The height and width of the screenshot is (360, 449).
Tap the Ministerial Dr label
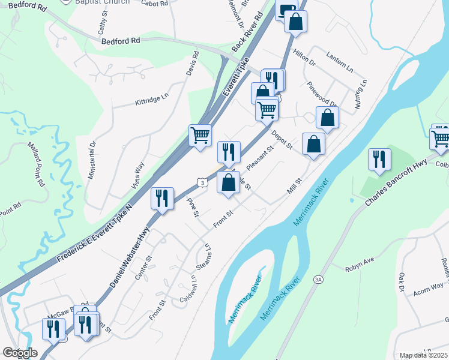[92, 161]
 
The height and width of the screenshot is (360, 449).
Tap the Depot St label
[282, 140]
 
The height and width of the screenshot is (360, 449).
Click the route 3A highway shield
[318, 279]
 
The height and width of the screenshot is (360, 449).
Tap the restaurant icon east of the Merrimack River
[379, 160]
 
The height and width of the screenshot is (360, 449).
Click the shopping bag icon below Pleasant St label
[228, 182]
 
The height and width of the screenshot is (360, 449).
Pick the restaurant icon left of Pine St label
[161, 199]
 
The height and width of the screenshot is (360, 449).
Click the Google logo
[20, 353]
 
